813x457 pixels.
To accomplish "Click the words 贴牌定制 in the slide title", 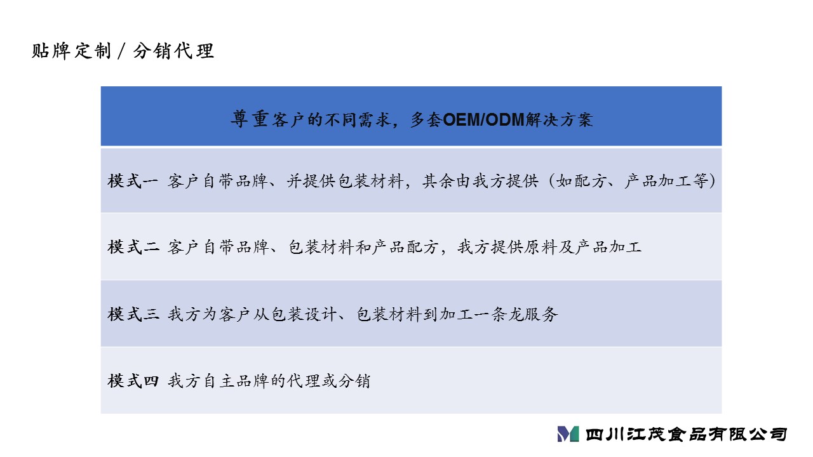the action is [71, 51].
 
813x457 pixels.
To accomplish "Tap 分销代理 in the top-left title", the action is [173, 51].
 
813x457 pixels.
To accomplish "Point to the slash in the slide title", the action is [121, 51].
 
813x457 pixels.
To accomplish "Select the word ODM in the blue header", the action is [505, 120].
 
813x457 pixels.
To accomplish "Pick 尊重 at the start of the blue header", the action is [250, 119].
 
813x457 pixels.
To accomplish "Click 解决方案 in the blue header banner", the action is [559, 120].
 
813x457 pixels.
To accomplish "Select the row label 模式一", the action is [133, 181].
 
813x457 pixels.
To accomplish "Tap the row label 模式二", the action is [133, 248].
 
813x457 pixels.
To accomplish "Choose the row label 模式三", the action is [133, 314].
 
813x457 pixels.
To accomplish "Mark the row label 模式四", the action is [133, 381].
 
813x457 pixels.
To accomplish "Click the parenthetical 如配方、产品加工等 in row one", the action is [632, 181].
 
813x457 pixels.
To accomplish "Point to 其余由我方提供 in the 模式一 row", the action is [480, 181].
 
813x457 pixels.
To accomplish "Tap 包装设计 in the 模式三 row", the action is [304, 314].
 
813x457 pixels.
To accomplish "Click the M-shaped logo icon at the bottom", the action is [568, 434].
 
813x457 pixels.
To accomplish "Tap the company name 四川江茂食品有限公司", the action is [686, 434].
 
